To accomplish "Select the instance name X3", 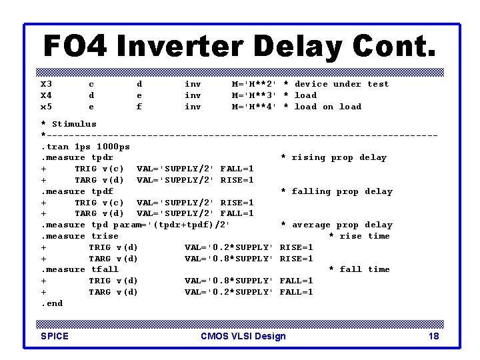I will click(x=47, y=84).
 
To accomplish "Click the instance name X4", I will click(x=47, y=95).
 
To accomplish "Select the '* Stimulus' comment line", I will click(x=69, y=124).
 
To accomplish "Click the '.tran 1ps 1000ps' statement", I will click(x=85, y=147).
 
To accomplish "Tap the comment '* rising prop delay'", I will click(x=333, y=158).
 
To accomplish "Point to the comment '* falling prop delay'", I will click(x=337, y=191).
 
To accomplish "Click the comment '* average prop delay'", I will click(x=337, y=225).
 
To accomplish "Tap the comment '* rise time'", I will click(x=359, y=236).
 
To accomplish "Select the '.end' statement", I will click(x=51, y=303).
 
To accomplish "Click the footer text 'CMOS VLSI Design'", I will click(x=243, y=336).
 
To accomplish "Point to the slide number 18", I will click(x=433, y=336).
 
